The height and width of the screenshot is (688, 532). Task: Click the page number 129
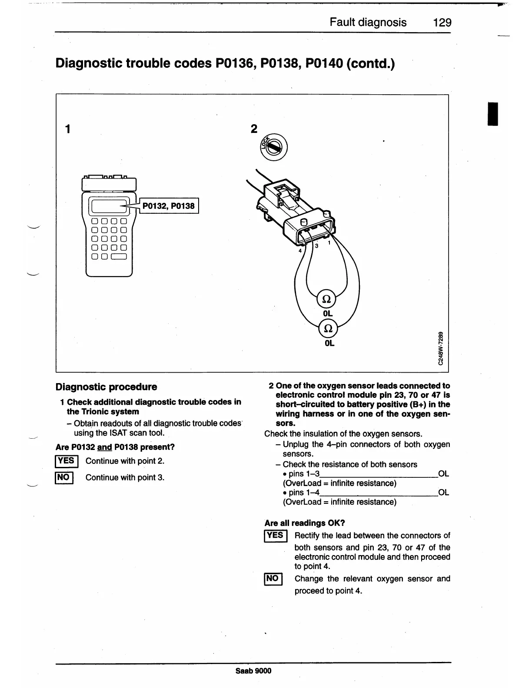442,23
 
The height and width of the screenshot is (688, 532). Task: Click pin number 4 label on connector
300,251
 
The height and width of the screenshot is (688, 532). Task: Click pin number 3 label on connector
316,246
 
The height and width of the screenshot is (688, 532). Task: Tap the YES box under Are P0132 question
66,461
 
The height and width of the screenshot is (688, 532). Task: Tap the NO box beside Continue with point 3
64,477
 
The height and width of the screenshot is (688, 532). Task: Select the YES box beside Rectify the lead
275,536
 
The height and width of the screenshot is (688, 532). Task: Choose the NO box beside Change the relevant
273,579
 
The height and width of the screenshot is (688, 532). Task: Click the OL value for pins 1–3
443,474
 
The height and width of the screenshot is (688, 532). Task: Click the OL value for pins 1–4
443,493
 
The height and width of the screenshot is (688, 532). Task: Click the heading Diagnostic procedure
106,387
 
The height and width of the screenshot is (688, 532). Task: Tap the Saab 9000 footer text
253,671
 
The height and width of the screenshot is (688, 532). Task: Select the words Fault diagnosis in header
368,23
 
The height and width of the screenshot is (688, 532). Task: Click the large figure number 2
254,129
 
